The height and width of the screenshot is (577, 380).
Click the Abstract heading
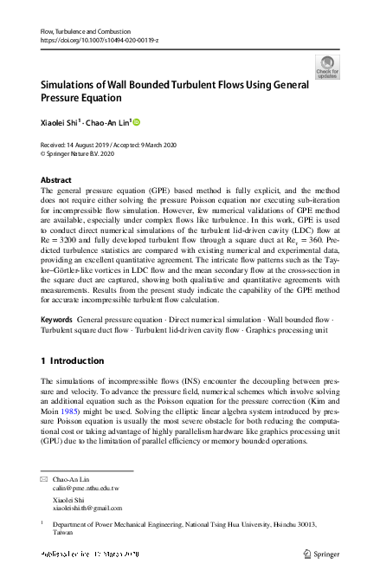click(x=56, y=180)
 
